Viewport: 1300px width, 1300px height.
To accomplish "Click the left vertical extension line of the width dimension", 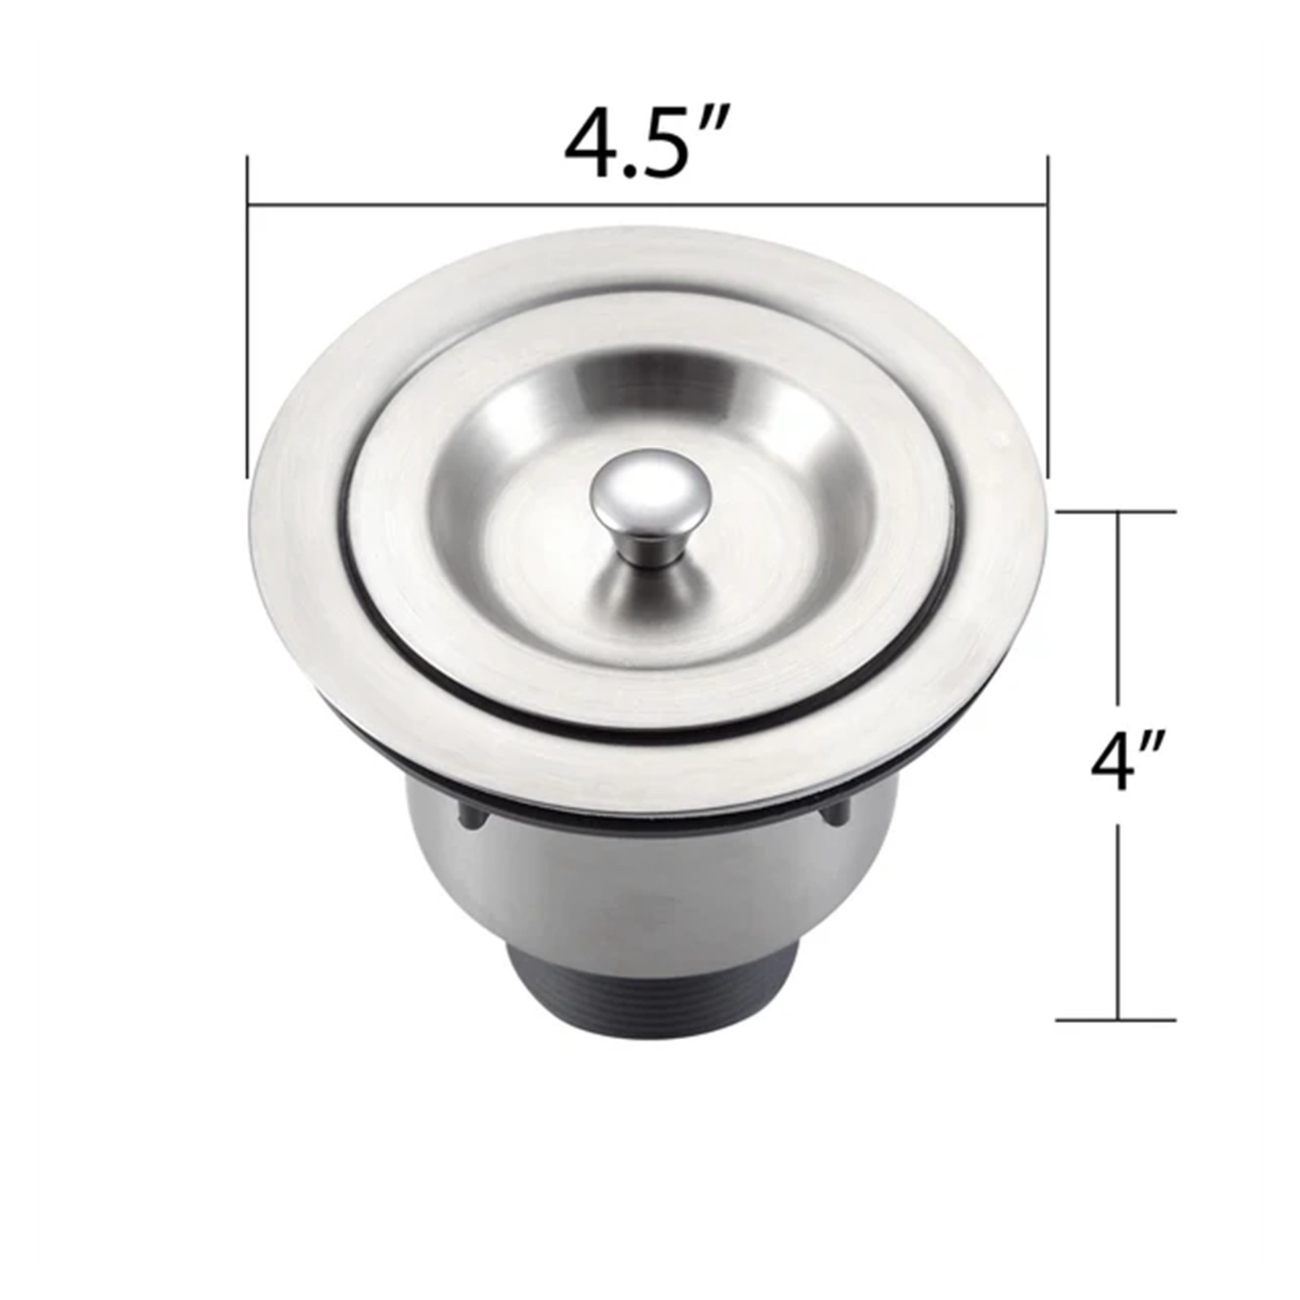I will [248, 325].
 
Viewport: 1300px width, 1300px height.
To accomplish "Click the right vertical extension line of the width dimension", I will [1048, 325].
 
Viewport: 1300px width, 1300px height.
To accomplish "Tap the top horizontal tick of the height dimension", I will [1116, 511].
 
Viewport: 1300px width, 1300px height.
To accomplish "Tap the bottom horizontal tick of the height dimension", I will [1116, 1020].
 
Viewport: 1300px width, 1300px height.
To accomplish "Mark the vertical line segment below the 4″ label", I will [1119, 918].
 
